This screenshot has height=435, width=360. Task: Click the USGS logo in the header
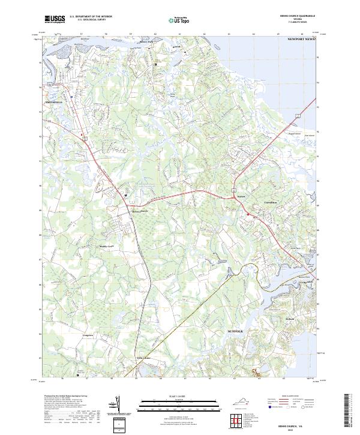(x=54, y=19)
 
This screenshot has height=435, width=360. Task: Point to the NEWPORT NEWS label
(x=301, y=38)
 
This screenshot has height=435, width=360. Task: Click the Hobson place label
(x=290, y=318)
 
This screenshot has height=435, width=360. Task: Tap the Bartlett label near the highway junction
(x=241, y=196)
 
